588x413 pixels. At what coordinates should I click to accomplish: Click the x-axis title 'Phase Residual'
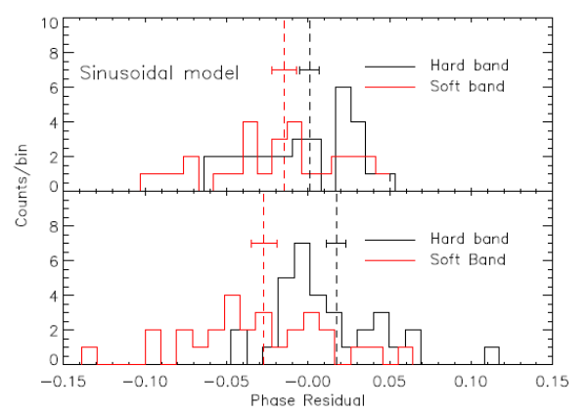click(307, 400)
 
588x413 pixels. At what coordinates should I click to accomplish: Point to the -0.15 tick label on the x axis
click(65, 380)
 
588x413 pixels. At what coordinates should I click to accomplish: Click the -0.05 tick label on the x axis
click(227, 380)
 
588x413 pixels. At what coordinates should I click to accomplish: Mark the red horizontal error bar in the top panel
click(284, 69)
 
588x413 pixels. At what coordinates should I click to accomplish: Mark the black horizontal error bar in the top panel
click(309, 69)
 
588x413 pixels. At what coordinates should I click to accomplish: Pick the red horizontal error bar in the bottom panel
click(263, 243)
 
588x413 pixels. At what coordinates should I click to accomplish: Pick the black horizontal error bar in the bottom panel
click(337, 243)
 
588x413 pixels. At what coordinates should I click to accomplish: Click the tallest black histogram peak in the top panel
click(342, 88)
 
